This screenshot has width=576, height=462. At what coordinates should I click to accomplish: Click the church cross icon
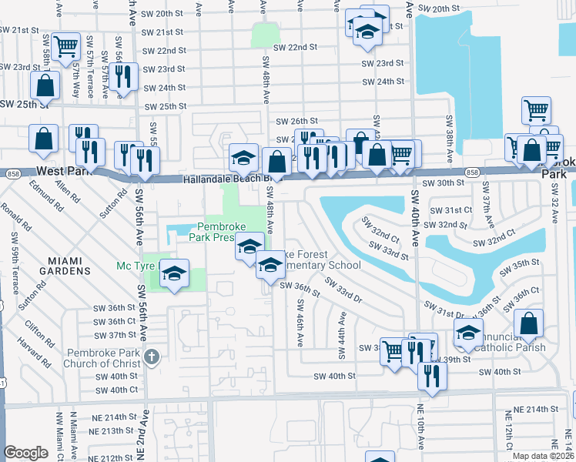click(x=152, y=357)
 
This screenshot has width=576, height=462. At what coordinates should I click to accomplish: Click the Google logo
click(x=25, y=453)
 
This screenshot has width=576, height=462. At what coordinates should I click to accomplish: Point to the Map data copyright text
click(x=543, y=455)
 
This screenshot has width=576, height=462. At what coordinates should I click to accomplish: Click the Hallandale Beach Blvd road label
click(x=223, y=179)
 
